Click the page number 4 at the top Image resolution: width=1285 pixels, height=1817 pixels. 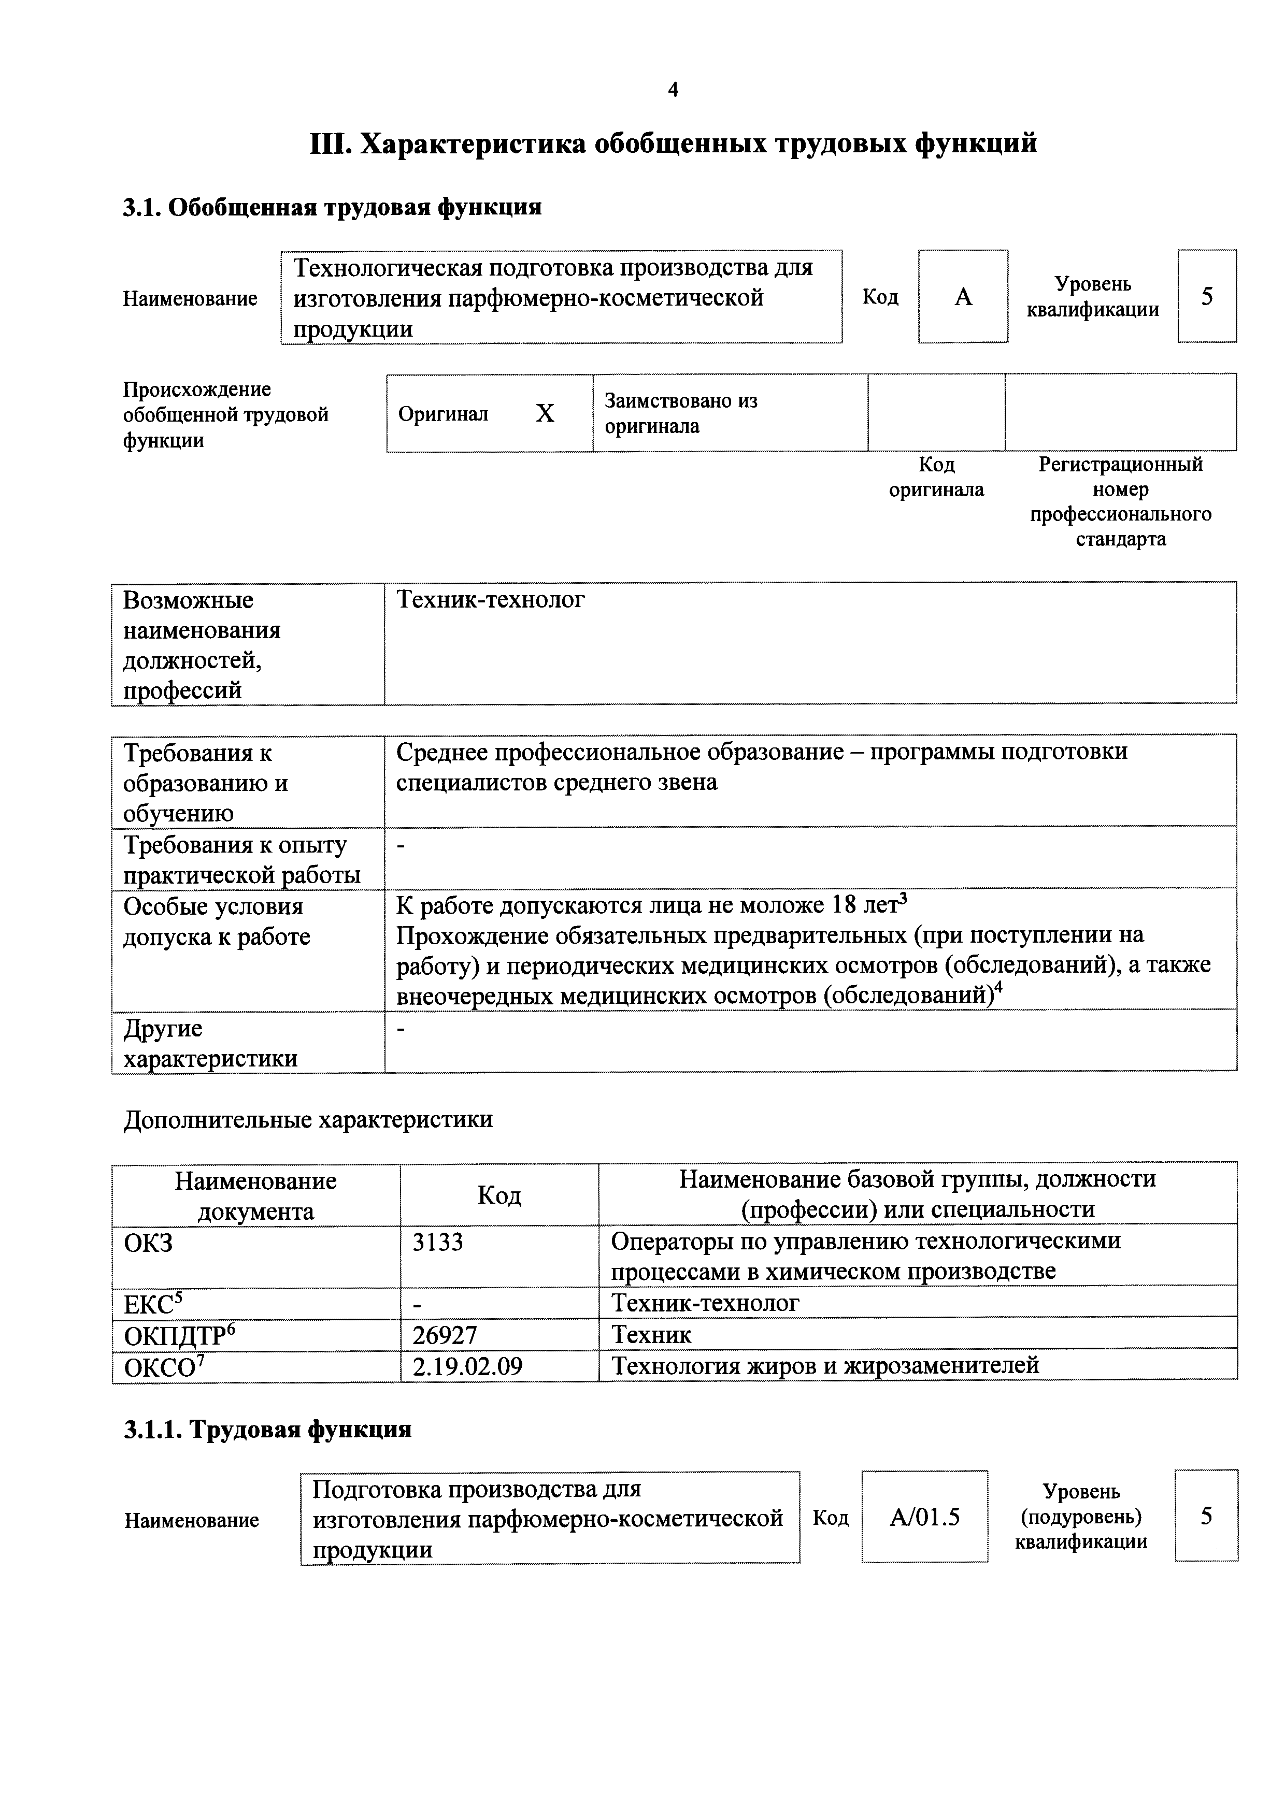[x=673, y=90]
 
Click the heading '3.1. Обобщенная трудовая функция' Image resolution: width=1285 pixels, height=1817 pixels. [x=333, y=207]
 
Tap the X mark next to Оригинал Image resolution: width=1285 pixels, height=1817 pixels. [x=545, y=413]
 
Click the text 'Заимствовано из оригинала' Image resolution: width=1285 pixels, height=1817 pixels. [x=681, y=413]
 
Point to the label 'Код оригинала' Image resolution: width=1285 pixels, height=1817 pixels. [x=937, y=477]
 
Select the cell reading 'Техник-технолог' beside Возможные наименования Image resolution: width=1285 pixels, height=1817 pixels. [x=491, y=600]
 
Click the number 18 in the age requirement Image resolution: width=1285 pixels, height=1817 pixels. [x=846, y=904]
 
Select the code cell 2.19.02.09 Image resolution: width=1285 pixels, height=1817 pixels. [x=468, y=1367]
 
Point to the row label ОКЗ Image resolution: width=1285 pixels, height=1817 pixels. [x=148, y=1243]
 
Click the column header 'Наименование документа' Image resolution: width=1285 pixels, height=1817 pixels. [x=256, y=1196]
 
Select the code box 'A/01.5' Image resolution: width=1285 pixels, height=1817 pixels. [x=925, y=1517]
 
